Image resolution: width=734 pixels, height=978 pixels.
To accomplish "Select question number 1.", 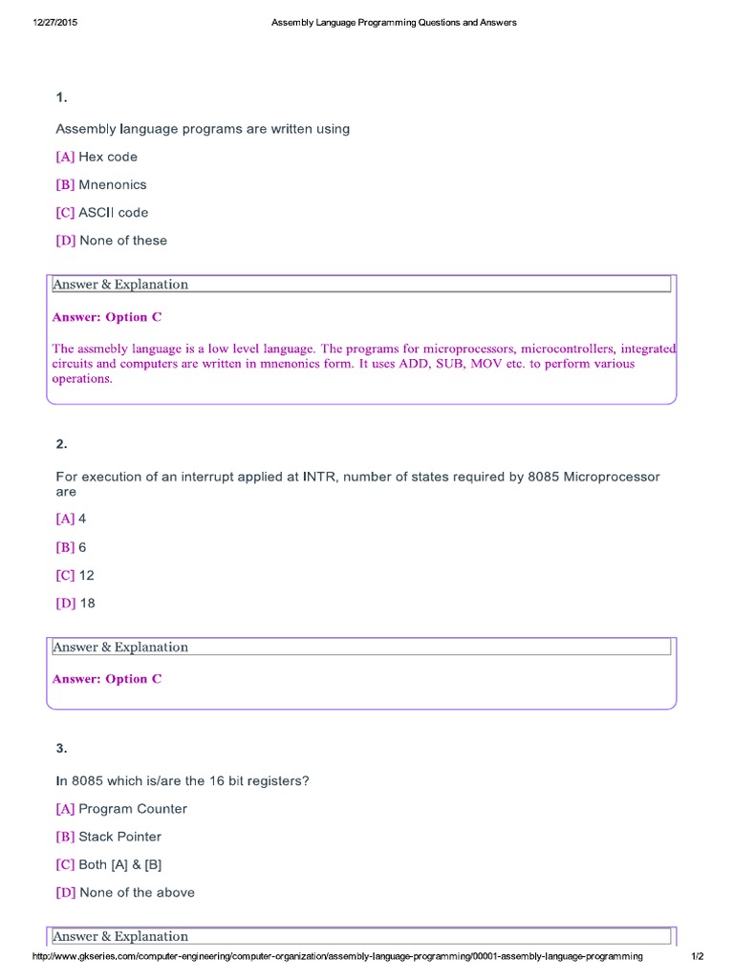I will pyautogui.click(x=61, y=97).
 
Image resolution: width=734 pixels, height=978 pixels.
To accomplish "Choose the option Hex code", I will pyautogui.click(x=107, y=157).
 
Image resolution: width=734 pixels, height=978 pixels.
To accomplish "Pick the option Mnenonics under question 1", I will pyautogui.click(x=112, y=184).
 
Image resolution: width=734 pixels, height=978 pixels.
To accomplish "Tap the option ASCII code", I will pyautogui.click(x=113, y=212).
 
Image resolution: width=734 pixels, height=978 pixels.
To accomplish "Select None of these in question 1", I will pyautogui.click(x=122, y=241).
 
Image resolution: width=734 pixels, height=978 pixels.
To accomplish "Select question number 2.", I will pyautogui.click(x=61, y=444).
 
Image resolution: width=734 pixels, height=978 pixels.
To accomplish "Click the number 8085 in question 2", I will pyautogui.click(x=544, y=477).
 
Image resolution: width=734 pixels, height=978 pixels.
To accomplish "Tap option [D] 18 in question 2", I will pyautogui.click(x=76, y=604).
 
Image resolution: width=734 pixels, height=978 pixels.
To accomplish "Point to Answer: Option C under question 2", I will pyautogui.click(x=107, y=679).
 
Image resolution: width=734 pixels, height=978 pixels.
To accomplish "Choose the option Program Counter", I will pyautogui.click(x=132, y=809).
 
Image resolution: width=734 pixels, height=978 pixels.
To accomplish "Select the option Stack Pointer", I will pyautogui.click(x=119, y=837).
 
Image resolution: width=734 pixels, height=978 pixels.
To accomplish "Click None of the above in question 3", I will pyautogui.click(x=137, y=893).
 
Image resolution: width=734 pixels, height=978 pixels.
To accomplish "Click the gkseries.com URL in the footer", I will pyautogui.click(x=337, y=956).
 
